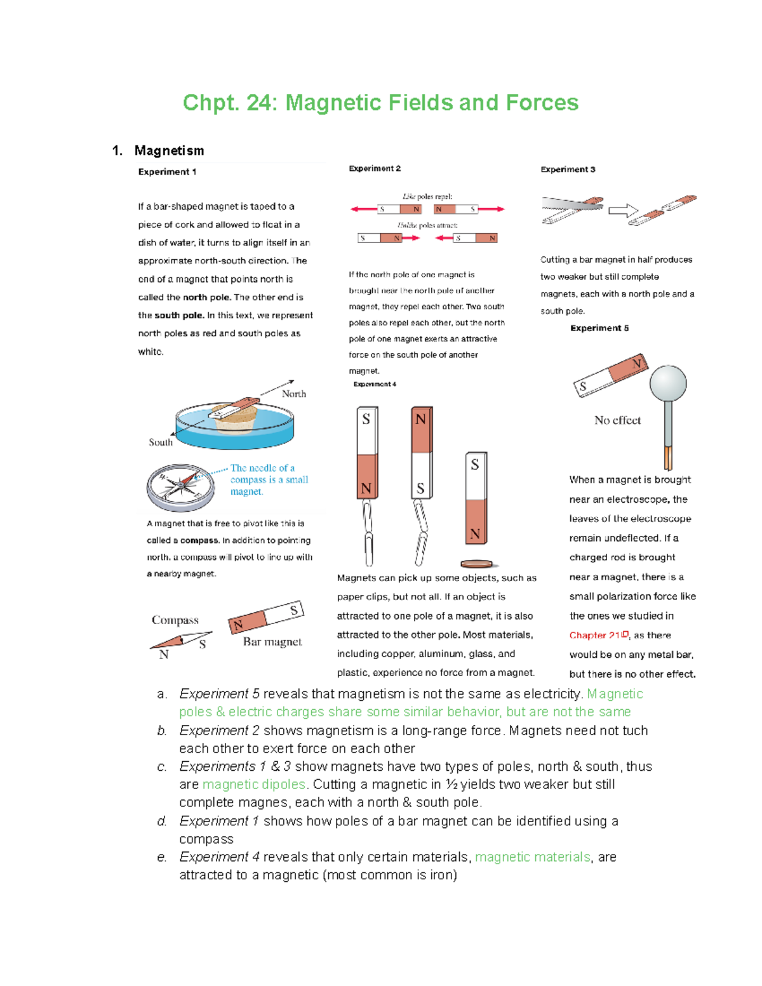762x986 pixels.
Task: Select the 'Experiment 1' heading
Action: tap(167, 172)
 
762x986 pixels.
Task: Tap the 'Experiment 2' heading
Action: tap(375, 169)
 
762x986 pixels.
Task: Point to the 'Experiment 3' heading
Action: tap(568, 170)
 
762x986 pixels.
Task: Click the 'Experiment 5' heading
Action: tap(599, 328)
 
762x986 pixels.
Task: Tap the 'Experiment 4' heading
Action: tap(375, 384)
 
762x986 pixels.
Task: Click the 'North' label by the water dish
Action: tap(294, 394)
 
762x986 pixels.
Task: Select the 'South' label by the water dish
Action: tap(160, 443)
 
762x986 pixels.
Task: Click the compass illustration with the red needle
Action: tap(181, 487)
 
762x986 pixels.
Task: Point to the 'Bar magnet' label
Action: tap(272, 642)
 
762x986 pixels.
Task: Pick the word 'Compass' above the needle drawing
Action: tap(175, 620)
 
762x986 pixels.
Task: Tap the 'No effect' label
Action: tap(617, 420)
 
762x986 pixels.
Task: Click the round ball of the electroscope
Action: tap(668, 383)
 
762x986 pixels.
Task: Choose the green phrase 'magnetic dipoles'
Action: tap(254, 785)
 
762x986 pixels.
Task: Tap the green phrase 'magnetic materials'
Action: tap(533, 857)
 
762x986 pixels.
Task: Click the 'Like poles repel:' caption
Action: tap(427, 197)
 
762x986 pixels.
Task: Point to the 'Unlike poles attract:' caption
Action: tap(427, 225)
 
